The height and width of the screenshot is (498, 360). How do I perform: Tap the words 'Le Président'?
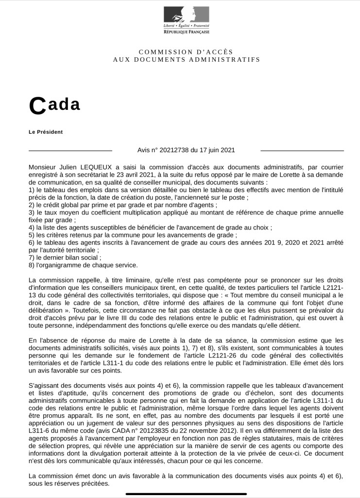coord(46,132)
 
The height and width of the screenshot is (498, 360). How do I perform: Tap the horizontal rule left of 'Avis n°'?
coord(70,151)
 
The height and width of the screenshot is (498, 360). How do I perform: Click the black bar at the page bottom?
coord(180,494)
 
